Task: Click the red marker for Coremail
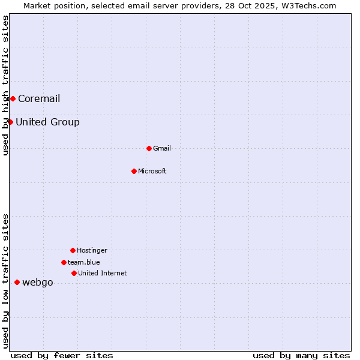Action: tap(13, 98)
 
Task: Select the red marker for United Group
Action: tap(10, 122)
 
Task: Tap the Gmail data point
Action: tap(149, 148)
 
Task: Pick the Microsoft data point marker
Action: tap(134, 171)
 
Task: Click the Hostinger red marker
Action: tap(73, 250)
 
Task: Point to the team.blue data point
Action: tap(64, 262)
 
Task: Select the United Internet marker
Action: tap(74, 273)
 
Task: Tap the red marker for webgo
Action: tap(17, 282)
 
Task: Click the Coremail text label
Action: tap(39, 98)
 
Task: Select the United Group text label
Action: tap(47, 122)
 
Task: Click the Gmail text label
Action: tap(162, 148)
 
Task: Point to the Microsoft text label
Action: tap(152, 171)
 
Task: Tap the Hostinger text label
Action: tap(92, 250)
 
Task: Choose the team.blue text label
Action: tap(84, 262)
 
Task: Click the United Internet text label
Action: tap(103, 273)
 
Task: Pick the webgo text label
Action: tap(38, 282)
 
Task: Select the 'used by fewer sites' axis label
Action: tap(62, 355)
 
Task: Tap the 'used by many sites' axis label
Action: tap(301, 355)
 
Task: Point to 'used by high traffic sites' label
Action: tap(5, 85)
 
